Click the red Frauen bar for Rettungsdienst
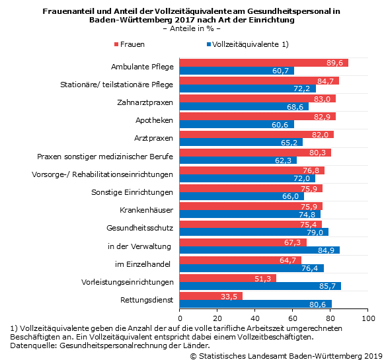211,296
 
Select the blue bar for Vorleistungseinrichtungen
260,286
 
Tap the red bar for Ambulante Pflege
264,63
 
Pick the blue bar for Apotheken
237,124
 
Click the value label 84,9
326,250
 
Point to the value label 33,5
229,297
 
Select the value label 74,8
307,215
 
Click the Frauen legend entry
130,44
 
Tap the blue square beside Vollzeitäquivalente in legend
209,44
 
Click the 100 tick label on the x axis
368,318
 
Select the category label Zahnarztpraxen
145,102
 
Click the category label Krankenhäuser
147,210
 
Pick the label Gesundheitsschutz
140,228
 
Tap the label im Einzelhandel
143,264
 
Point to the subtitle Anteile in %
192,28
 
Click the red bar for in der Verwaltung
243,242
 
